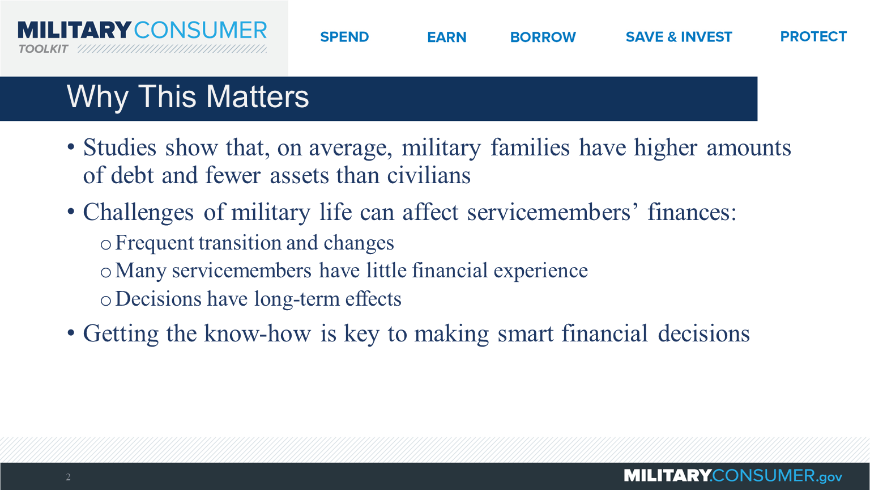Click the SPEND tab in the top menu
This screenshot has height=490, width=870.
(x=344, y=37)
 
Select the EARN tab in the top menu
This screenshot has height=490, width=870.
(x=446, y=37)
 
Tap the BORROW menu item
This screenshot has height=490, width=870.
(x=543, y=37)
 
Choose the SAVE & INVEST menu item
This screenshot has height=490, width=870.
(x=679, y=37)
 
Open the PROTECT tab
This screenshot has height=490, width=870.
(x=813, y=37)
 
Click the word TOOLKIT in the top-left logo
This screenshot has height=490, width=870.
(x=43, y=49)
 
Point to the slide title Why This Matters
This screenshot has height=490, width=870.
(x=188, y=97)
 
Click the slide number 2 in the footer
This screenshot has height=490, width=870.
(x=68, y=477)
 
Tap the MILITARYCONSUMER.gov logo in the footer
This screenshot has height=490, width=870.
(x=732, y=476)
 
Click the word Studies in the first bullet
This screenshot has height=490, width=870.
(x=120, y=148)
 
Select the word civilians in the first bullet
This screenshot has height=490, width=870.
(x=429, y=176)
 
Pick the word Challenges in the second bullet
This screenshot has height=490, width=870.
(x=138, y=213)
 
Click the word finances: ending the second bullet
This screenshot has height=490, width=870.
(x=692, y=213)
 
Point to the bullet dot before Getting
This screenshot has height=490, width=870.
(x=71, y=333)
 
